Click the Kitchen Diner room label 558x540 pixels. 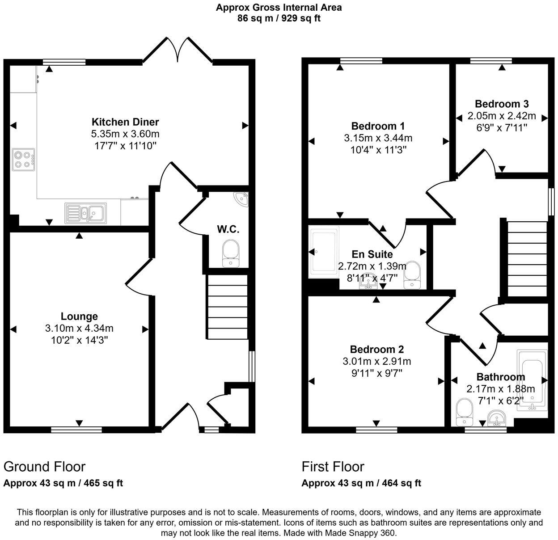125,122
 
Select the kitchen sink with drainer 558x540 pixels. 86,213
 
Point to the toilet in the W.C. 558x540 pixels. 231,253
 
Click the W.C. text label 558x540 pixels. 228,230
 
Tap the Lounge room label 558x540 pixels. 79,316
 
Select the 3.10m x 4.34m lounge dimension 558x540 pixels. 79,328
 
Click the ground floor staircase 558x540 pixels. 227,307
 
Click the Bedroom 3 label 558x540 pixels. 502,104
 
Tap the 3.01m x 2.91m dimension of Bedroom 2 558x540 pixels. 377,361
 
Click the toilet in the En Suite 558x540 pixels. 411,275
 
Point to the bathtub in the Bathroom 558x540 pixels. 532,380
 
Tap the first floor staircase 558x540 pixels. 527,259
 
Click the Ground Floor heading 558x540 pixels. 44,467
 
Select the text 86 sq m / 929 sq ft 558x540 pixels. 279,18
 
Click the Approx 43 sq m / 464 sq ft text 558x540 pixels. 361,483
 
